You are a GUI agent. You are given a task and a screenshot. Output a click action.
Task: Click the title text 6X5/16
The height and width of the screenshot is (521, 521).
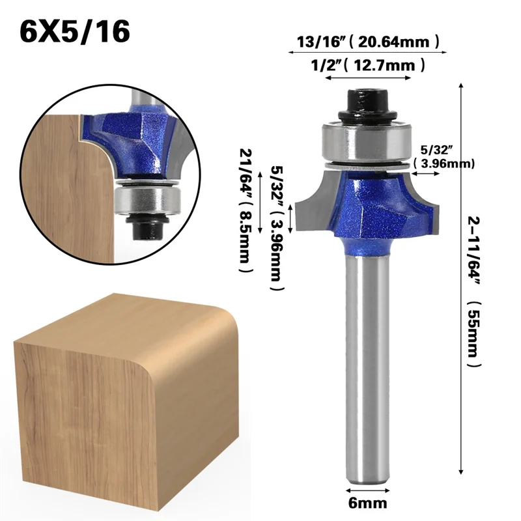pos(74,31)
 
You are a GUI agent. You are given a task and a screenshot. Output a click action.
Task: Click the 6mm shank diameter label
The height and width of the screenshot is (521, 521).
pos(368,503)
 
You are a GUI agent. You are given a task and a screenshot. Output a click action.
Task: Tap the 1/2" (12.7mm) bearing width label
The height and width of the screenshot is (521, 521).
pos(367,65)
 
